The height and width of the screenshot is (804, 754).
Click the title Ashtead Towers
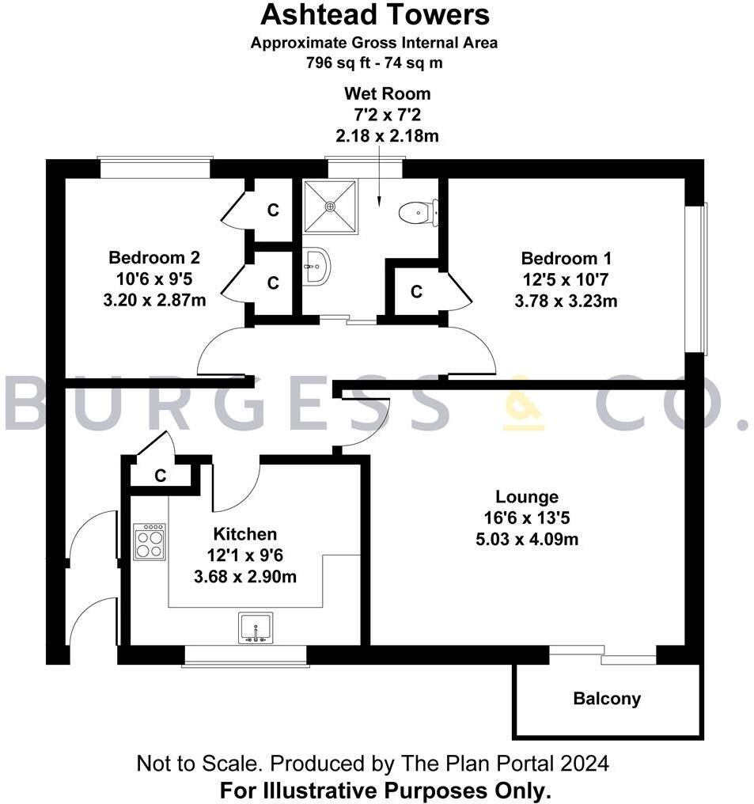click(x=375, y=14)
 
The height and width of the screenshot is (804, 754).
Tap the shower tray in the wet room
click(x=330, y=206)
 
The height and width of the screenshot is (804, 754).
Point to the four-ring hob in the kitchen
click(x=150, y=542)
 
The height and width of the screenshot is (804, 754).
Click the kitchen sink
click(x=256, y=628)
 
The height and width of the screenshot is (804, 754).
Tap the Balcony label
click(x=607, y=699)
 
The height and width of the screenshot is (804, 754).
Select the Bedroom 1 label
click(x=566, y=258)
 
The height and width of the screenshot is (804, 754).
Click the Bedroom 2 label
click(x=154, y=257)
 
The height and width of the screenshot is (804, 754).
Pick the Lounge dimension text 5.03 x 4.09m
click(x=527, y=540)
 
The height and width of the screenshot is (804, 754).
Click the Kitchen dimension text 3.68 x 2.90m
click(x=245, y=577)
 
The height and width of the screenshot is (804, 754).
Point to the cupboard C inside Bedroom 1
click(x=416, y=292)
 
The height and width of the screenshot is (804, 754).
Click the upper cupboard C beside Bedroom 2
click(x=273, y=210)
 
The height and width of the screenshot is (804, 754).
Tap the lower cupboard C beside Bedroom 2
click(x=273, y=283)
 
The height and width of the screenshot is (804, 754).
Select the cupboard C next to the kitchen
click(x=161, y=476)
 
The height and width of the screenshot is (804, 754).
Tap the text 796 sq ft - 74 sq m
click(x=375, y=63)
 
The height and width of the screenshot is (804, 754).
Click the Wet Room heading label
click(x=387, y=94)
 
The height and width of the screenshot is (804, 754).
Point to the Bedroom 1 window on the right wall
click(x=695, y=279)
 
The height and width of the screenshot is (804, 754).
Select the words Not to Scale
click(x=200, y=764)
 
